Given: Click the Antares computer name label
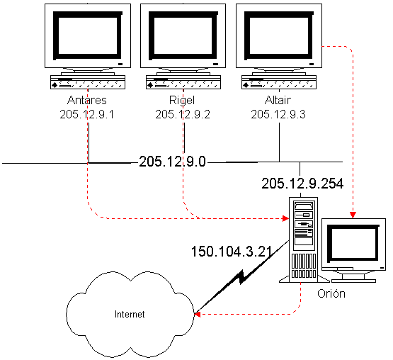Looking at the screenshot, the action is (87, 100).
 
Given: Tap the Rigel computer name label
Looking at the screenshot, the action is (182, 101).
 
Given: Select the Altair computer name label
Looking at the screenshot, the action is (278, 100).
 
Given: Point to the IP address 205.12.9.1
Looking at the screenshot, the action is (86, 114).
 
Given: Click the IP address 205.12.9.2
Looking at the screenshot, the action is (183, 114).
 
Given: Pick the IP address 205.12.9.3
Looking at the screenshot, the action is (278, 114).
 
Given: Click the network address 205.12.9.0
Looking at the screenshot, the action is (172, 162).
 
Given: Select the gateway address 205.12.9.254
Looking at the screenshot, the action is (302, 184).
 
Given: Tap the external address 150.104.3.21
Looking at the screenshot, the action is (232, 251).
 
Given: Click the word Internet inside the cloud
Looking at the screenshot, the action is (130, 314).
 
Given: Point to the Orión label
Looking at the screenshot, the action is (331, 293).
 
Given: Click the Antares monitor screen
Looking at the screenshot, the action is (88, 35).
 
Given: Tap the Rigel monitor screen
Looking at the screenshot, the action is (183, 35).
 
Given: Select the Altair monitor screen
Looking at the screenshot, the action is (279, 35).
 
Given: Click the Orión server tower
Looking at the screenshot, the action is (304, 240).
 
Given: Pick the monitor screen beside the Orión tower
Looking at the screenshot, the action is (353, 243).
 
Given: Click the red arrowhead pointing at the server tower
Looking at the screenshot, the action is (285, 218).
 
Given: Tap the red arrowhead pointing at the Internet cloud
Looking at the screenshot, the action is (198, 314).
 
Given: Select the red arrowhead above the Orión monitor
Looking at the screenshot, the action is (353, 215).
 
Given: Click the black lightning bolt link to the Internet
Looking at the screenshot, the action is (241, 277).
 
